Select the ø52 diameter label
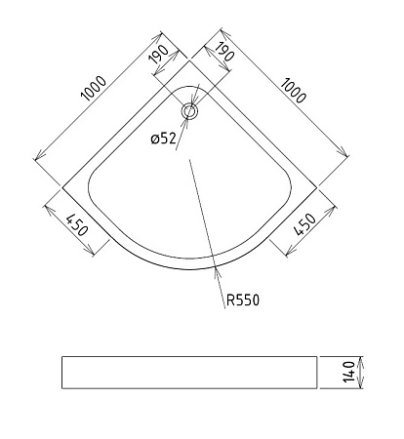click(x=164, y=139)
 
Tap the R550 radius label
click(x=243, y=300)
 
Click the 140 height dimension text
click(x=348, y=372)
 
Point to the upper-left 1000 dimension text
click(x=94, y=88)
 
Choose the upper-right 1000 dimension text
click(x=293, y=90)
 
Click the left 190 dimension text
click(x=159, y=54)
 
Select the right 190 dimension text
click(x=224, y=52)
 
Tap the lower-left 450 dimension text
click(x=77, y=225)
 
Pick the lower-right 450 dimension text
click(x=304, y=224)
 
